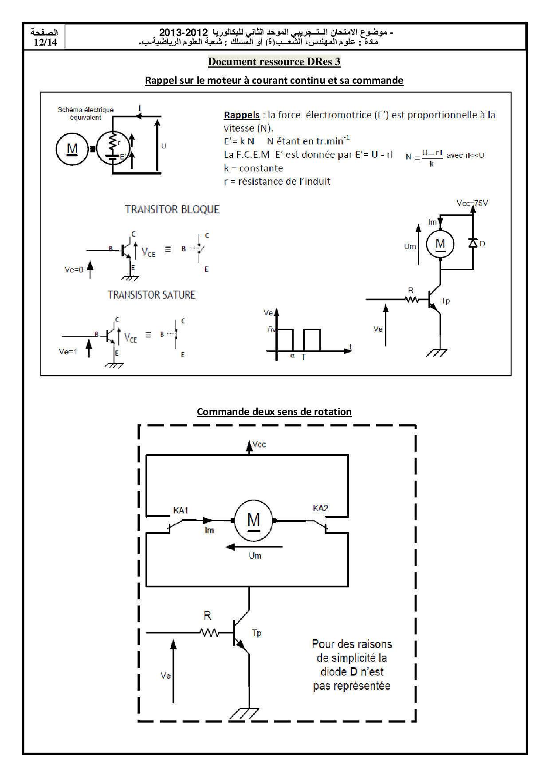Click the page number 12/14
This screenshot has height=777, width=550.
(x=45, y=43)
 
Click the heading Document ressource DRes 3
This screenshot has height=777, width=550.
(x=274, y=62)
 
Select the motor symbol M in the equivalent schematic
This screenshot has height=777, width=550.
(x=72, y=149)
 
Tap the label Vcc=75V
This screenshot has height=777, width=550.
(x=472, y=203)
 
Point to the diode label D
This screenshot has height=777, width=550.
(x=483, y=244)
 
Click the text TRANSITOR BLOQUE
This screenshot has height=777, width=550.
(x=172, y=210)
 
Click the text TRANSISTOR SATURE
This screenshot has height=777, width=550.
(x=151, y=295)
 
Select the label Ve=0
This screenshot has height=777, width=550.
(x=74, y=270)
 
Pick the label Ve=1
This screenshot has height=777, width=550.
(x=68, y=352)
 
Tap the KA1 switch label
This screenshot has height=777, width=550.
(x=181, y=510)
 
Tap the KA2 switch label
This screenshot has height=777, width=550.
(x=320, y=508)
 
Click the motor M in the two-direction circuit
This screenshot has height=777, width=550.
(x=253, y=520)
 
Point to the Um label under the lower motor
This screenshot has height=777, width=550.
(x=255, y=556)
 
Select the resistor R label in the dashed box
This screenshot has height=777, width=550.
(x=207, y=616)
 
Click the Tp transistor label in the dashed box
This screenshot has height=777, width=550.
(x=256, y=633)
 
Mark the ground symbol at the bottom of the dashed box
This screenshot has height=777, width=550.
(x=244, y=714)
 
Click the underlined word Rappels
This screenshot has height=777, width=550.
(x=241, y=115)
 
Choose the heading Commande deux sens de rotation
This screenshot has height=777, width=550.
(x=274, y=412)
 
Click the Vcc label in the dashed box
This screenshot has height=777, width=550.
(x=259, y=444)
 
